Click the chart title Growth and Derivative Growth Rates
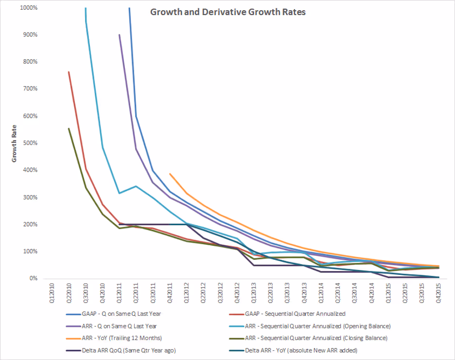click(227, 12)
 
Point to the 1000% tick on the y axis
click(31, 8)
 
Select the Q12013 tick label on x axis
click(253, 291)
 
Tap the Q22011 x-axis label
click(136, 291)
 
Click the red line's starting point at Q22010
click(69, 72)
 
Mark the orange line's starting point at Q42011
click(170, 174)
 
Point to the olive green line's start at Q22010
click(69, 128)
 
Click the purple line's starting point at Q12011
click(119, 35)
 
